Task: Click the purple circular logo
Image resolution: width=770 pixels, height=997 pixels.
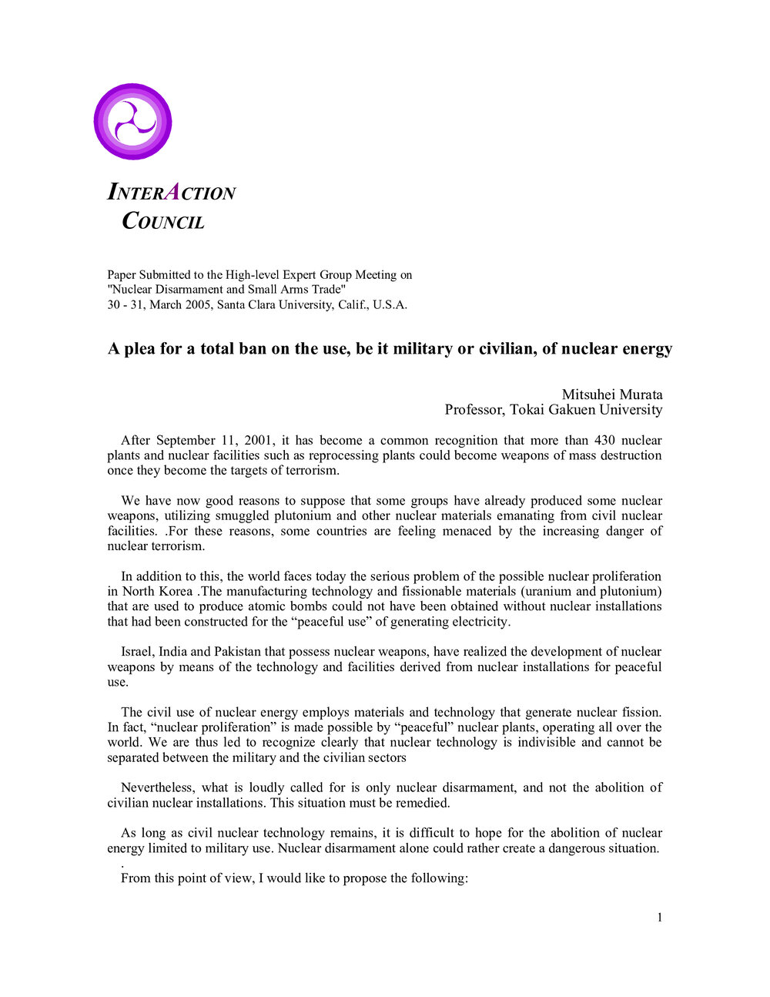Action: (132, 122)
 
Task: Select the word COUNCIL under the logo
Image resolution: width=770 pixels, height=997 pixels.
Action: (163, 222)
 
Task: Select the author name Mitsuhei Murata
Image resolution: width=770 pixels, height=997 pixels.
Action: (611, 394)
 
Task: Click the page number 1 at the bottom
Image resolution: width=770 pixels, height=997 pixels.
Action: (659, 917)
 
